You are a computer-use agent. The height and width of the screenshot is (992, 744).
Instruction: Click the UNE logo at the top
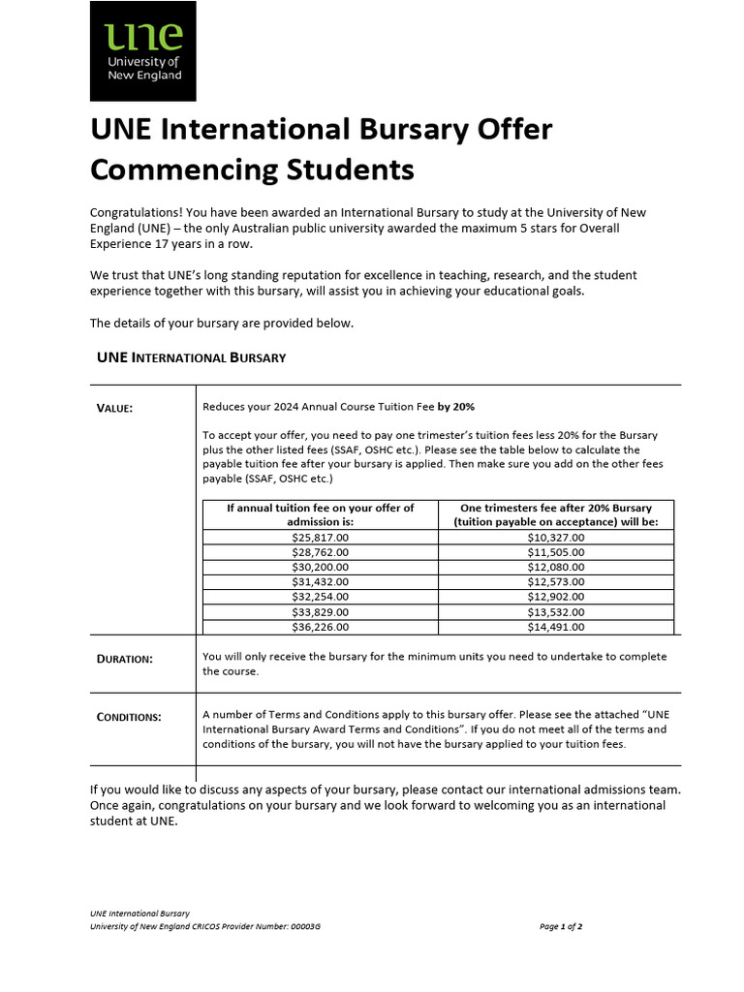[x=142, y=51]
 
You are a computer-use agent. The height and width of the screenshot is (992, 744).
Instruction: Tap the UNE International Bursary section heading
[x=192, y=357]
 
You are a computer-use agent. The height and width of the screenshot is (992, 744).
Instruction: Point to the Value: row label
[x=114, y=408]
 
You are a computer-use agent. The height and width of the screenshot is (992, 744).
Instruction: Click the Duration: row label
[x=124, y=659]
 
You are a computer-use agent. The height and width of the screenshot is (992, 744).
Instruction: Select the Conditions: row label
[x=129, y=717]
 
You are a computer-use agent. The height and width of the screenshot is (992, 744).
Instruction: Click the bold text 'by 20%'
[x=455, y=407]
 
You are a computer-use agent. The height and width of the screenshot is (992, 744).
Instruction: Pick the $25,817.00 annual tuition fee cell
[x=320, y=537]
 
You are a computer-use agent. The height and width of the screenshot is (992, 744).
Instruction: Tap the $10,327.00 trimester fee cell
[x=555, y=537]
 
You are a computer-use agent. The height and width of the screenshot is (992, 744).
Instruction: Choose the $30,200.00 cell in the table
[x=320, y=567]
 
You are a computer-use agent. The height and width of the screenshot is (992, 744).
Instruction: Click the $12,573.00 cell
[x=555, y=582]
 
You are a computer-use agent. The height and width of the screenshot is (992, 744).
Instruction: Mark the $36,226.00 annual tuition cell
[x=320, y=627]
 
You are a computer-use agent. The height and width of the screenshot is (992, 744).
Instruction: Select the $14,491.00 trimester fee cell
[x=555, y=627]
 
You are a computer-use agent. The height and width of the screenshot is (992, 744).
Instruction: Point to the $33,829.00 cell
[x=320, y=612]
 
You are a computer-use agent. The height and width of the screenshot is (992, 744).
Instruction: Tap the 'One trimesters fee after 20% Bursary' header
[x=555, y=508]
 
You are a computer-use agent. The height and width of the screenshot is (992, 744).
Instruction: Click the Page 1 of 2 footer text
[x=561, y=926]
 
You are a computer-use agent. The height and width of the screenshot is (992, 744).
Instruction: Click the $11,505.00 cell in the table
[x=555, y=552]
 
